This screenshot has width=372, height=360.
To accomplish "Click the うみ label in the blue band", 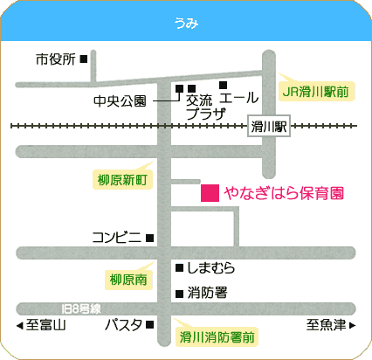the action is point(186,23).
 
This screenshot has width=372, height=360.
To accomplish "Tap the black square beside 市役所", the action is point(84,59).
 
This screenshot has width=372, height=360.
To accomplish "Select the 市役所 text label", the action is point(56,59).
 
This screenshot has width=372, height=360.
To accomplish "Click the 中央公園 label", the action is point(120,101).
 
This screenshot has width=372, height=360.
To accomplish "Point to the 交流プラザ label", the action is point(206,107).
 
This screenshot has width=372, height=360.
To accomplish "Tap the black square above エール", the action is point(224,85).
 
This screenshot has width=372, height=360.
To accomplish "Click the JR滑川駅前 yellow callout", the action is point(317,92).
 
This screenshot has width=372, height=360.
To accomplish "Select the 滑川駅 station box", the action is point(269,126).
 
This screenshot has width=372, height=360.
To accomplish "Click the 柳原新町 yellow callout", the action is point(122,180).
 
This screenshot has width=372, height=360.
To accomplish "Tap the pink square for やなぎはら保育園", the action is point(210,193).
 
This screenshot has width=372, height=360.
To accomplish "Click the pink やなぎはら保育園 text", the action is point(284,193).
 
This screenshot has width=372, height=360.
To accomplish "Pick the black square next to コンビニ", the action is point(150,239).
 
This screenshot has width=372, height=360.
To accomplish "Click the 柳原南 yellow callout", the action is point(128,280).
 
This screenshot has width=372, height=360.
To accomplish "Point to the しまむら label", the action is point(211,268).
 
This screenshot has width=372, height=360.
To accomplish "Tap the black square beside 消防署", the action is point(180,294).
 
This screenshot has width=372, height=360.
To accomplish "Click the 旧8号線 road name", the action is point(81,308).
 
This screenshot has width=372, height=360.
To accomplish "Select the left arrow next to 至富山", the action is point(19,325).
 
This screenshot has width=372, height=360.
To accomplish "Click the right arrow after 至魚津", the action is point(352,325).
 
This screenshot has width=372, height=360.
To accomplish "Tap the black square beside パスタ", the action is point(150,324).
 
